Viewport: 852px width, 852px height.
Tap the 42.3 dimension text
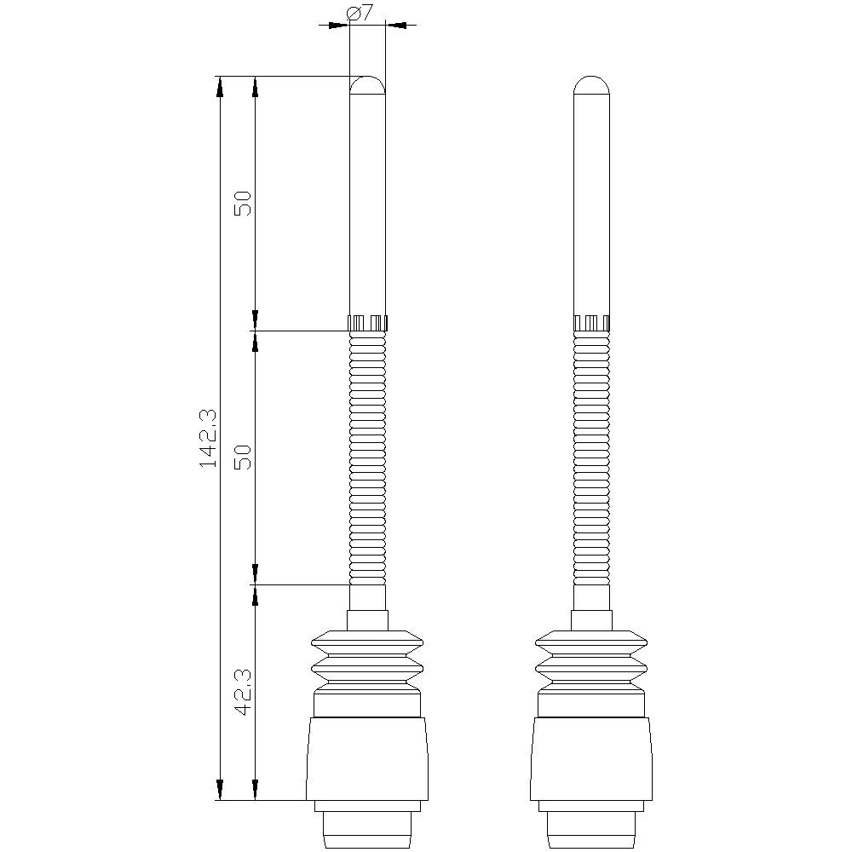243,690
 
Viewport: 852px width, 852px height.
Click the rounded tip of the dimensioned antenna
368,84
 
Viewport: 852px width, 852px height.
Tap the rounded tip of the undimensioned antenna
591,84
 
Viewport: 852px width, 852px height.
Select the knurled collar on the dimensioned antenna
368,323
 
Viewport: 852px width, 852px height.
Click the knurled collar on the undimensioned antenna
591,323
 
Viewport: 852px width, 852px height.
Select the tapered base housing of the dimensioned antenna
367,758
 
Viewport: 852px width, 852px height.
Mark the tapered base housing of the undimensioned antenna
591,758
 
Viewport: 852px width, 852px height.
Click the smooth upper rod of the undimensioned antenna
591,204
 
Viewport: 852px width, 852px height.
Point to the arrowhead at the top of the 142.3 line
220,85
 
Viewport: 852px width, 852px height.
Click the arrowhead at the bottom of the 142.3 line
220,791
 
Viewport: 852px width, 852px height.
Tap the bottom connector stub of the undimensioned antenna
591,826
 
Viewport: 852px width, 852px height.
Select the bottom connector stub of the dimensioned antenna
367,826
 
